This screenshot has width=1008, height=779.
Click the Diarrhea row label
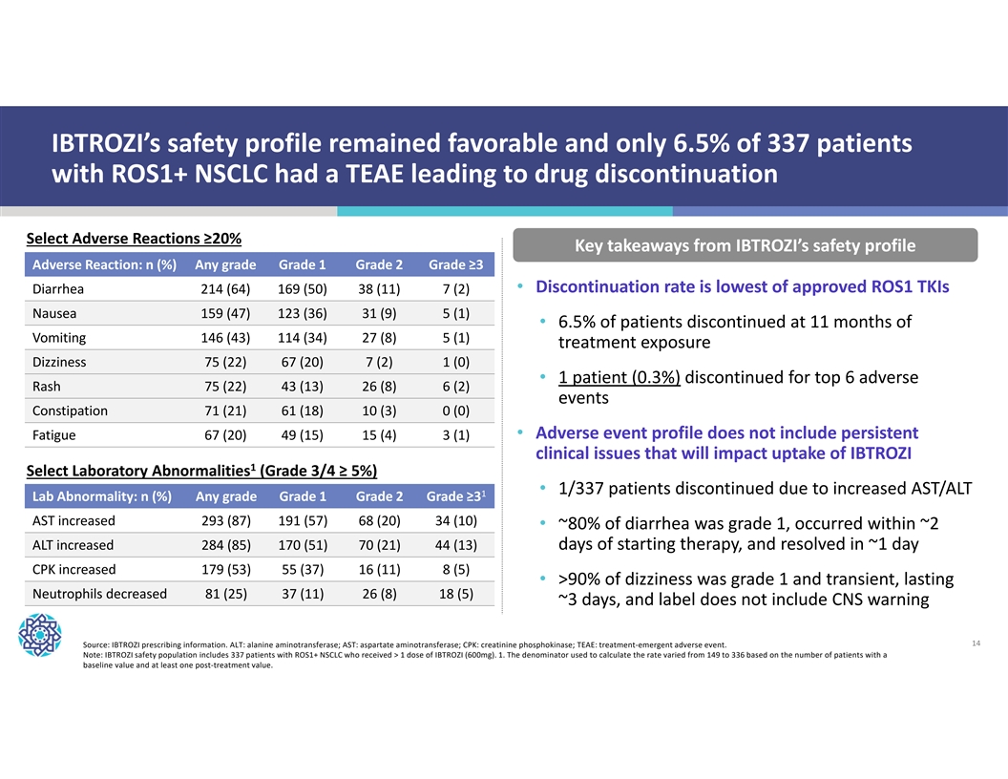tap(58, 289)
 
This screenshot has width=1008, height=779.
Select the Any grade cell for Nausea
tap(226, 313)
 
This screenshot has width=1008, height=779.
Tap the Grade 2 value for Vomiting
tap(379, 337)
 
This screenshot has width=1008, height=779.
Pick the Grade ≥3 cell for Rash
tap(455, 387)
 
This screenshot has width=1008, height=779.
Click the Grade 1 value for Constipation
tap(302, 411)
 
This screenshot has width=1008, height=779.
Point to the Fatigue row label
tap(54, 435)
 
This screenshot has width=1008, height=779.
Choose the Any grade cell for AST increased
tap(226, 521)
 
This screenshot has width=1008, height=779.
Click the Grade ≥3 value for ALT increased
tap(454, 545)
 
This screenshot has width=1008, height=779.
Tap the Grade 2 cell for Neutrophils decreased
tap(379, 594)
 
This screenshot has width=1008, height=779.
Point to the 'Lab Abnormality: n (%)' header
tap(102, 496)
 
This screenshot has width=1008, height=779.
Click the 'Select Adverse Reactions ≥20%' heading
tap(134, 238)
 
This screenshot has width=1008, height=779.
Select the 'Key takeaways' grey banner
tap(745, 245)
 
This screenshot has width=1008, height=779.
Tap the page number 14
tap(976, 644)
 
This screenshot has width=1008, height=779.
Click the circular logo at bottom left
tap(39, 635)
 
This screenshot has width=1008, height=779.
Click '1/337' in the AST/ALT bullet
tap(584, 489)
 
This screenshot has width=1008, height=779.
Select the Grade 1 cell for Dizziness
tap(302, 362)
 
